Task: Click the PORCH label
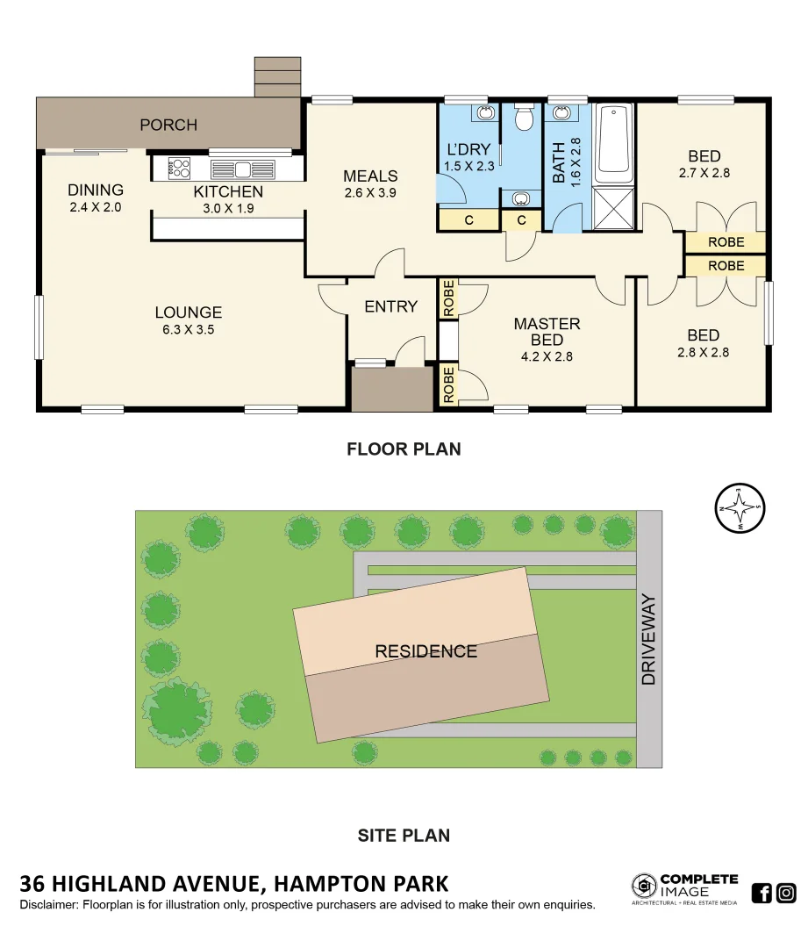168,125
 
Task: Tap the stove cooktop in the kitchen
179,168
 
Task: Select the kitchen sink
242,169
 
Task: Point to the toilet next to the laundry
523,118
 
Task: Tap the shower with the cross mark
613,208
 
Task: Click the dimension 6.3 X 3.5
188,330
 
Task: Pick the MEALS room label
370,176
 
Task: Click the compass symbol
740,508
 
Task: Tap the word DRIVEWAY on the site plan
648,639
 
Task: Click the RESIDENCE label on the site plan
425,651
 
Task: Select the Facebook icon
762,894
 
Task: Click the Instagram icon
786,894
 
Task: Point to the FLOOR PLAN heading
404,449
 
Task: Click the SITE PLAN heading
404,836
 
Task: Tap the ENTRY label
390,306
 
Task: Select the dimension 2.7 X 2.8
704,173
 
